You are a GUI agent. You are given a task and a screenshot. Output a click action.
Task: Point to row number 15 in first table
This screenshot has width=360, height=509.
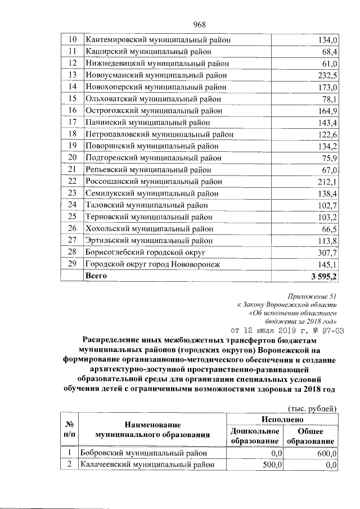coord(72,99)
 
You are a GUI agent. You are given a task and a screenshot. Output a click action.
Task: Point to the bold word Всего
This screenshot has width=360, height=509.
coord(95,276)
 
